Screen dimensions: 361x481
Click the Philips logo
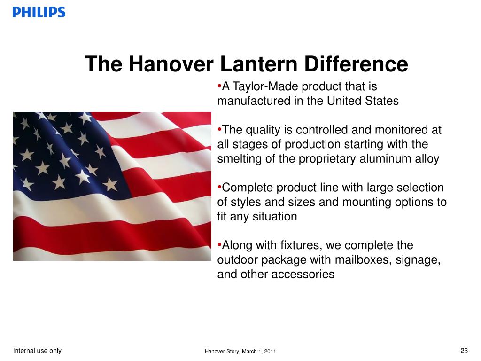[x=39, y=12]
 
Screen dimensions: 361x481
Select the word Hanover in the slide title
[x=170, y=64]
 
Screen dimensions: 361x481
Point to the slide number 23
[x=464, y=350]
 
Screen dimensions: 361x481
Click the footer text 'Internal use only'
[x=37, y=350]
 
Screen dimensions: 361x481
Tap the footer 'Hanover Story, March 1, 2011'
[x=240, y=352]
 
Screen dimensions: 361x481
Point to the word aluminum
[x=383, y=159]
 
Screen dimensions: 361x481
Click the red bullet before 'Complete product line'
[x=219, y=188]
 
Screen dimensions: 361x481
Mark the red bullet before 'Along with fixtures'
[x=219, y=245]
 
